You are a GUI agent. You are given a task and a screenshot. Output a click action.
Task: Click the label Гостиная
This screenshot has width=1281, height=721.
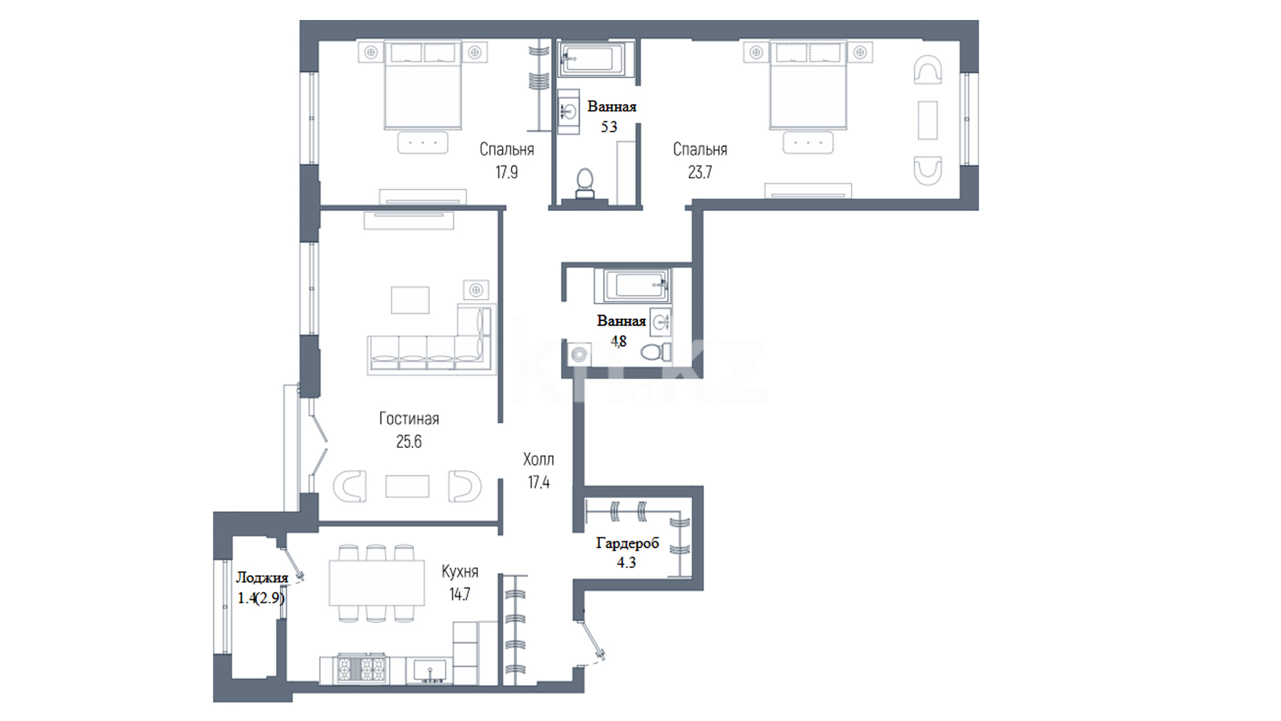pyautogui.click(x=409, y=419)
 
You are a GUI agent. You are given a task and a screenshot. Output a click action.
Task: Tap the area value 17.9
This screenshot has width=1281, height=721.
pyautogui.click(x=506, y=172)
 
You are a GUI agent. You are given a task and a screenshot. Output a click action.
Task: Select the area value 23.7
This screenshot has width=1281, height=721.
pyautogui.click(x=700, y=172)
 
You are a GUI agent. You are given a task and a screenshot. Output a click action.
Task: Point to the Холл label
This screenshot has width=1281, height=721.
pyautogui.click(x=538, y=459)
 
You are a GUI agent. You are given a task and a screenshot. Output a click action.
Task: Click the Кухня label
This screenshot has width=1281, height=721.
pyautogui.click(x=460, y=571)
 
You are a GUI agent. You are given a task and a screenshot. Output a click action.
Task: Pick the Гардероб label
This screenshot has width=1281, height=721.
pyautogui.click(x=627, y=543)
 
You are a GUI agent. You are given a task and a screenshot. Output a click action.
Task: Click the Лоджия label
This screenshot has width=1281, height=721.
pyautogui.click(x=262, y=578)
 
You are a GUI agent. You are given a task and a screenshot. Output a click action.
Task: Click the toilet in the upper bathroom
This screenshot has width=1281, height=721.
pyautogui.click(x=585, y=183)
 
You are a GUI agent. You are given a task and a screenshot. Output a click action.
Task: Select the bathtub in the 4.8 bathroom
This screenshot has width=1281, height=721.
pyautogui.click(x=636, y=285)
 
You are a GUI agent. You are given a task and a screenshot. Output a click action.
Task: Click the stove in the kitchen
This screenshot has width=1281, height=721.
pyautogui.click(x=362, y=668)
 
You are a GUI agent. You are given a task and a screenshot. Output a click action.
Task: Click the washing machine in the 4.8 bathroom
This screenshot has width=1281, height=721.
pyautogui.click(x=580, y=354)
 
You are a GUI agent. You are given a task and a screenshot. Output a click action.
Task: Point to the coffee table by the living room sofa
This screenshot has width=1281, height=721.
pyautogui.click(x=410, y=300)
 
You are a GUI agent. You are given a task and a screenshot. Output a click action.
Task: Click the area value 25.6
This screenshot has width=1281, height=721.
pyautogui.click(x=409, y=441)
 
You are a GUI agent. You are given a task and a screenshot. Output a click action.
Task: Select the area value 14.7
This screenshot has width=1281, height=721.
pyautogui.click(x=460, y=594)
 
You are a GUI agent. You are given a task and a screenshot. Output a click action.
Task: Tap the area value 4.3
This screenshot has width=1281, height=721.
pyautogui.click(x=626, y=563)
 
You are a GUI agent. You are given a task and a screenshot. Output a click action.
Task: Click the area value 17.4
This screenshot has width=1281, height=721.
pyautogui.click(x=538, y=482)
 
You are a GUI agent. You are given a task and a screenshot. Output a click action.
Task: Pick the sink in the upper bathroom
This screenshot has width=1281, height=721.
pyautogui.click(x=569, y=111)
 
